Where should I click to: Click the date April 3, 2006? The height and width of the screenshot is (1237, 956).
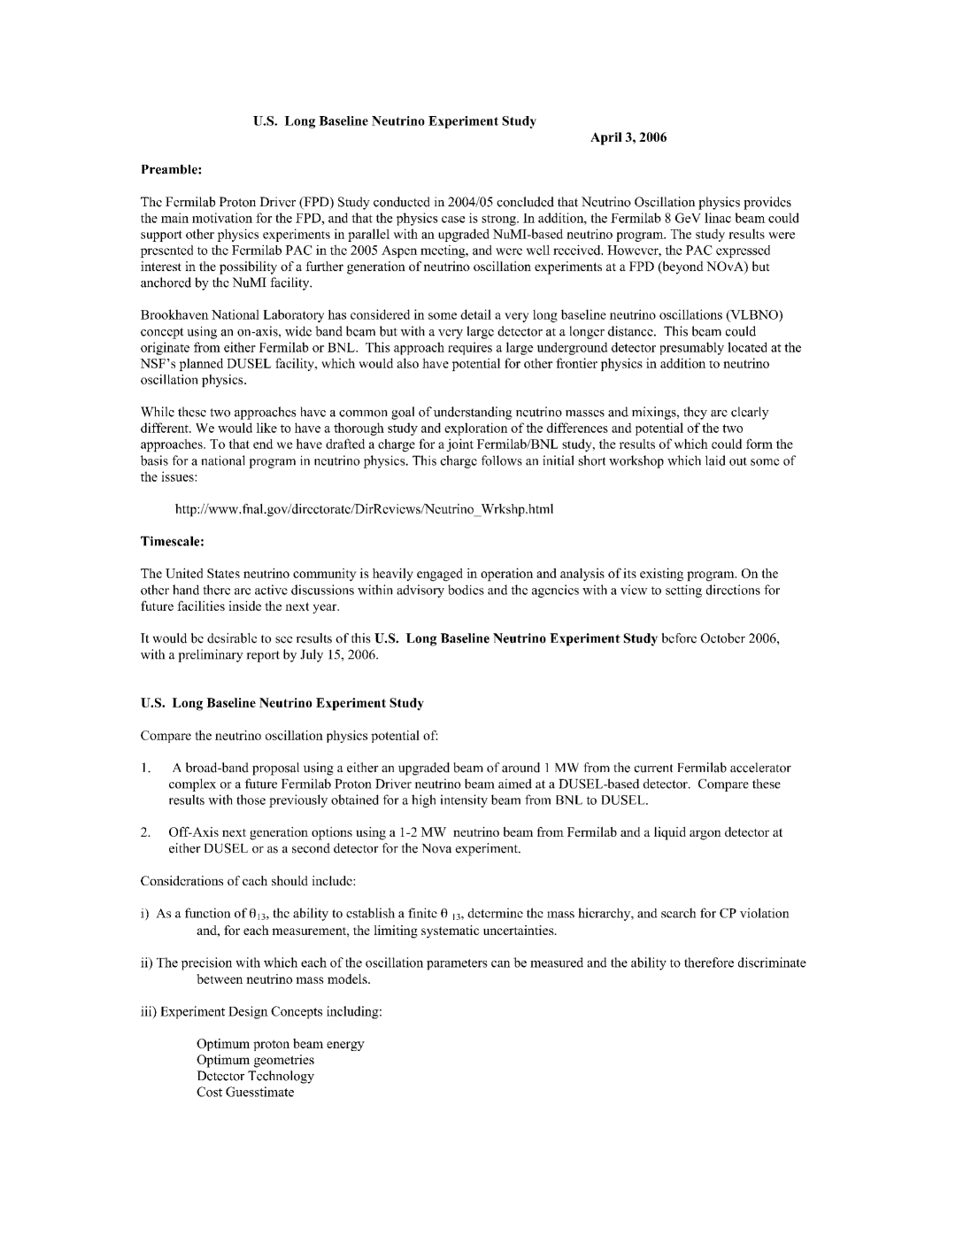tap(628, 137)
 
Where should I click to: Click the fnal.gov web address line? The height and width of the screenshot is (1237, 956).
tap(364, 509)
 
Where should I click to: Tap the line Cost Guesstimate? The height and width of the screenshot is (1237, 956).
tap(245, 1093)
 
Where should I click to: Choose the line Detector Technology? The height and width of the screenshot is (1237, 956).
tap(255, 1077)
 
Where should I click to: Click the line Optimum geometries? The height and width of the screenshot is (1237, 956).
tap(255, 1060)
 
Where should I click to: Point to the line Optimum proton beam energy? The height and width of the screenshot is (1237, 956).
tap(280, 1044)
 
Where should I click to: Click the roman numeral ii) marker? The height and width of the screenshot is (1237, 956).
tap(147, 963)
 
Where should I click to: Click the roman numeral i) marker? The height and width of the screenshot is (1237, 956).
tap(145, 914)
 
